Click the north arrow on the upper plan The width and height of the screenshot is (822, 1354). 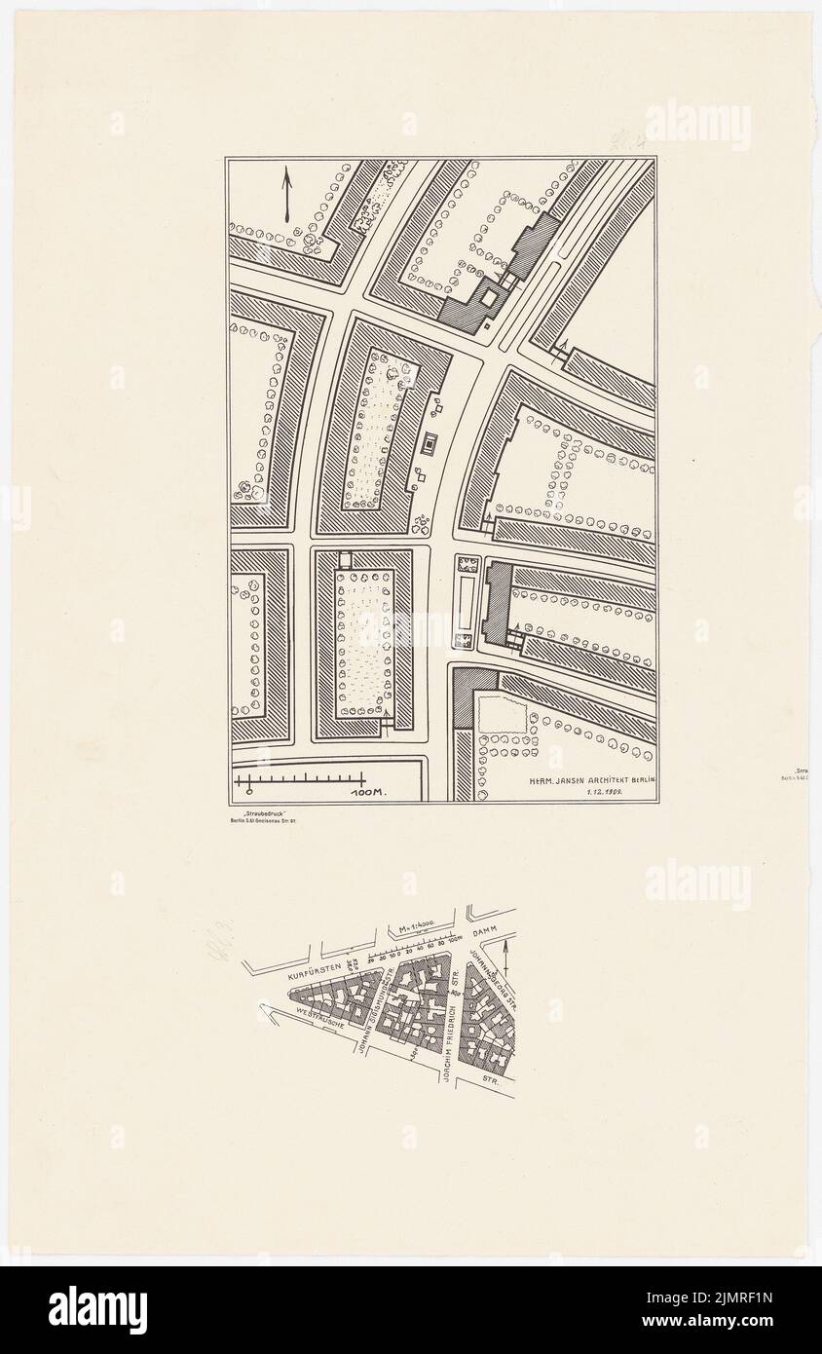287,195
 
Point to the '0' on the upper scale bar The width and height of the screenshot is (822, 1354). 249,792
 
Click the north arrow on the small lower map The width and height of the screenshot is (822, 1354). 506,945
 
